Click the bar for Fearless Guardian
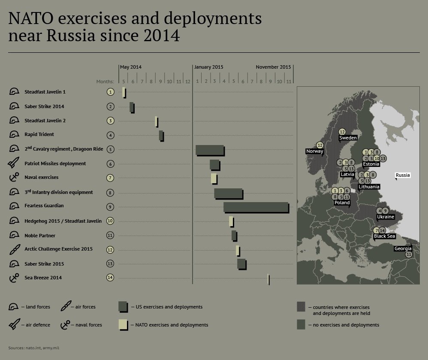coord(256,208)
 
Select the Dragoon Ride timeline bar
coord(210,151)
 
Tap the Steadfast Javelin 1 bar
coord(124,93)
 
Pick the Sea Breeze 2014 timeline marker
coord(269,279)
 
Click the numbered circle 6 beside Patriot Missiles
coord(110,164)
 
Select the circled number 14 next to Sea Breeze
coord(110,278)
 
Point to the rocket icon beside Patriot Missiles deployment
coord(14,162)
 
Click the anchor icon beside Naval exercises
coord(14,177)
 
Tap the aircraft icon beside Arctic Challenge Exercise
coord(15,249)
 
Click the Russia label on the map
coord(403,175)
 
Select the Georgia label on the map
coord(403,248)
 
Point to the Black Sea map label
coord(384,236)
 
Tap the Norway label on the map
coord(314,151)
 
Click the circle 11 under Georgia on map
coord(409,254)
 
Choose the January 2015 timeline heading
coord(209,67)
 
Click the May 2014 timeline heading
coord(131,67)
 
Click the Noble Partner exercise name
coord(40,236)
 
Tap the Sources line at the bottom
coord(33,348)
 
